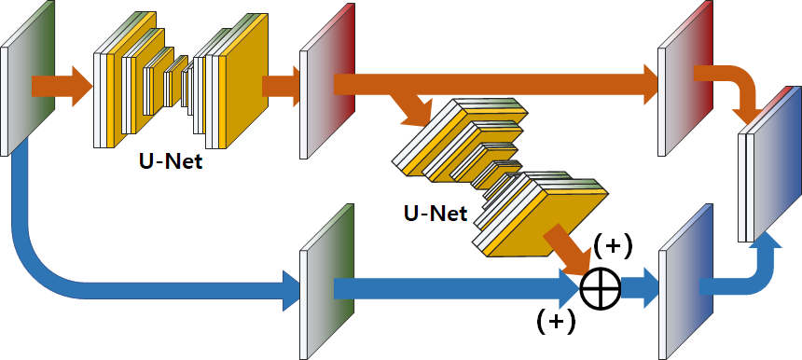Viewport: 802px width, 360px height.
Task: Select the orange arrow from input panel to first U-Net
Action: [x=61, y=87]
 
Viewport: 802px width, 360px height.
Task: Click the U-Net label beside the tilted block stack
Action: [x=436, y=213]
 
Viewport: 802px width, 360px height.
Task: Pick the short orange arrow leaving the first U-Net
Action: [x=281, y=87]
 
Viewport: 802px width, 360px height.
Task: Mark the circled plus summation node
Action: [x=601, y=288]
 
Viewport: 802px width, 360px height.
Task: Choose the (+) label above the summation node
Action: [x=613, y=246]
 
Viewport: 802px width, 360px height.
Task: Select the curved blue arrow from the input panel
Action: [x=56, y=270]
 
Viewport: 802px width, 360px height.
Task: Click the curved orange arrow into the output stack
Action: [x=741, y=89]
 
